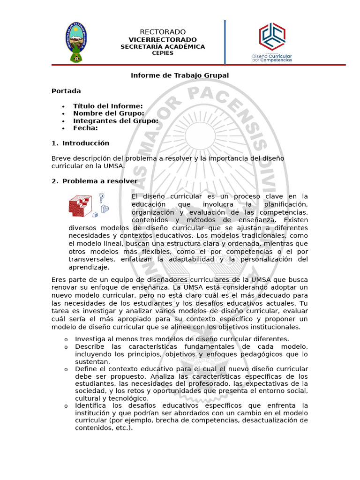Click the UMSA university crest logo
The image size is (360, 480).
click(75, 42)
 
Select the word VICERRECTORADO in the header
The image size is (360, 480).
click(163, 40)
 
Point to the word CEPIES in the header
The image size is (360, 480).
click(163, 53)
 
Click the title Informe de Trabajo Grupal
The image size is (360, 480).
click(180, 75)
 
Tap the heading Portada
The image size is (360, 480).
click(66, 91)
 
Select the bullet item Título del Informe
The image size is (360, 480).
click(108, 106)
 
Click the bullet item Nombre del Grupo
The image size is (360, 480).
click(108, 113)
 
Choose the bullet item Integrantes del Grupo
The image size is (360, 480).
click(115, 121)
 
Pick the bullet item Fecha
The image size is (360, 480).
click(85, 128)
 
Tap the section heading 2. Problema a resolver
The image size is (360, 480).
click(99, 181)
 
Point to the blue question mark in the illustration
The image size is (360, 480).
click(101, 197)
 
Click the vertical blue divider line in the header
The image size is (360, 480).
click(225, 42)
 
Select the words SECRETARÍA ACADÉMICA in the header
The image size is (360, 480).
click(163, 47)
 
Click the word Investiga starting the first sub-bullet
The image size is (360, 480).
click(90, 339)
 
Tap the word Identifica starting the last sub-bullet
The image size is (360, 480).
click(90, 405)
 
